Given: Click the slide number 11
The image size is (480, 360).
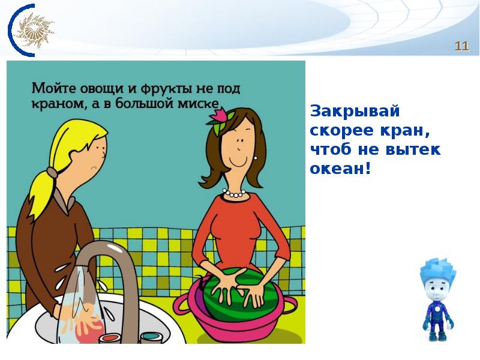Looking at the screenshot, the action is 461,46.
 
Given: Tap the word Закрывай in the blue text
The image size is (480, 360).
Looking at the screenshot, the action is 355,111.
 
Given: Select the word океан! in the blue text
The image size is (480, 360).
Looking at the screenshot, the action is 340,168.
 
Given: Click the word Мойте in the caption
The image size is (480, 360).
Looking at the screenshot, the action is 54,88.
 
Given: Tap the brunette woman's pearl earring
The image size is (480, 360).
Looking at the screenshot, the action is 256,158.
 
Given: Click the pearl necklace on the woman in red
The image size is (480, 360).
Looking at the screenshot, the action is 234,193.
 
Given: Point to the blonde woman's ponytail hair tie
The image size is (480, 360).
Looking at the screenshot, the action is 53,173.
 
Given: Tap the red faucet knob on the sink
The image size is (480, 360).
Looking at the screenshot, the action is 109,338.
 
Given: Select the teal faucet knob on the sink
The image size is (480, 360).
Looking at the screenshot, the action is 151,337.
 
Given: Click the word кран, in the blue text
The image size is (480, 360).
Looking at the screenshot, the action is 404,131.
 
